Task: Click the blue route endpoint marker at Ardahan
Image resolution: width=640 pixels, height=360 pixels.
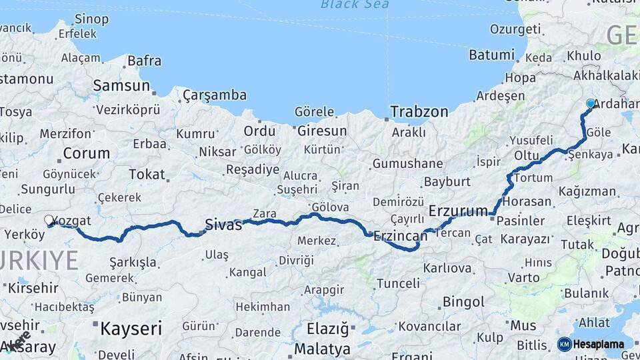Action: pyautogui.click(x=590, y=103)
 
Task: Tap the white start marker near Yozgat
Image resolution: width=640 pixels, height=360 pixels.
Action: pyautogui.click(x=49, y=219)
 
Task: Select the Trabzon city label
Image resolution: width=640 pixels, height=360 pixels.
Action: pyautogui.click(x=419, y=111)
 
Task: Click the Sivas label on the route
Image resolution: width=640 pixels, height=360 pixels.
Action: pyautogui.click(x=223, y=225)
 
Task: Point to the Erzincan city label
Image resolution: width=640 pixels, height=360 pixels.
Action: pyautogui.click(x=400, y=235)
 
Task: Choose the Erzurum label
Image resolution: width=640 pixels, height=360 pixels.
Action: pyautogui.click(x=458, y=211)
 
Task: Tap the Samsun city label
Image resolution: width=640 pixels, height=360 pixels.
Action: pyautogui.click(x=121, y=85)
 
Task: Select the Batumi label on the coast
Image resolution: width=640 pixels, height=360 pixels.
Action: pyautogui.click(x=491, y=55)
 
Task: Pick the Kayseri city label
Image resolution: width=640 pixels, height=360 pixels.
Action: pyautogui.click(x=131, y=328)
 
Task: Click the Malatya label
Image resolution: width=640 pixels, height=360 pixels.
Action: pyautogui.click(x=322, y=349)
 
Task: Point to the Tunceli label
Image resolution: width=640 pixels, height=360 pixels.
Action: pyautogui.click(x=398, y=283)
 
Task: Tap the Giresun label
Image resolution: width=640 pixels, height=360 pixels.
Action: pyautogui.click(x=322, y=131)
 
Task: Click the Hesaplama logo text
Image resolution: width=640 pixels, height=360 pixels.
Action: pyautogui.click(x=599, y=345)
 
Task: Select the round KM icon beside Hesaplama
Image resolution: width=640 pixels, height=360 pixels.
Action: pyautogui.click(x=564, y=345)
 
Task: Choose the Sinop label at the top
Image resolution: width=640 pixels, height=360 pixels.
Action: pyautogui.click(x=92, y=19)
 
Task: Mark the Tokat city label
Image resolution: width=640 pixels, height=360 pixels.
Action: pyautogui.click(x=147, y=175)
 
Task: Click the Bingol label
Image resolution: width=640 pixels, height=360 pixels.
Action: pyautogui.click(x=463, y=302)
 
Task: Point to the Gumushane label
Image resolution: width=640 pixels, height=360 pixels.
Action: pyautogui.click(x=407, y=163)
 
